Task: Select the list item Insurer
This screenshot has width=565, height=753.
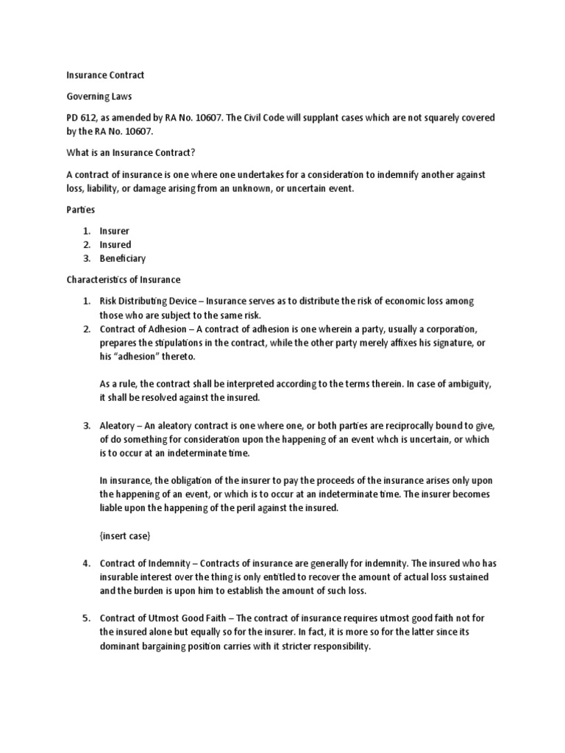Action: pyautogui.click(x=115, y=231)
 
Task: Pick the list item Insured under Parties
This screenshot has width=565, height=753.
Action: pyautogui.click(x=116, y=245)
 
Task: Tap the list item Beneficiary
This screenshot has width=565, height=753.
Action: pyautogui.click(x=123, y=259)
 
